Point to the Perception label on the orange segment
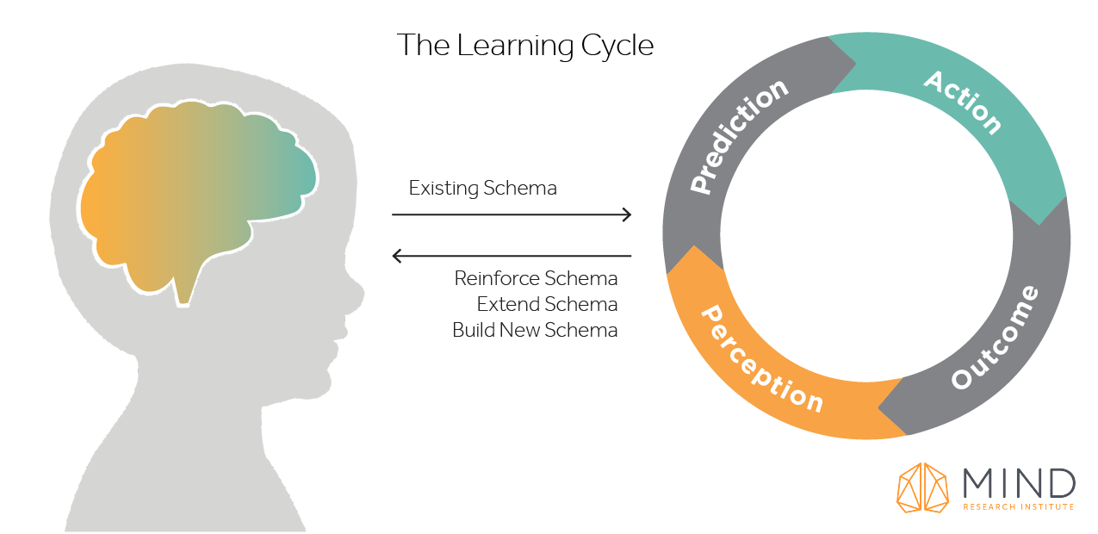coord(760,358)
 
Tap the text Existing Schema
coord(482,188)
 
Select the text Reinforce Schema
coord(536,279)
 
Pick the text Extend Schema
coord(547,305)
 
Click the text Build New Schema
coord(535,330)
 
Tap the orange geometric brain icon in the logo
coord(922,487)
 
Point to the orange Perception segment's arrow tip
coord(689,250)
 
